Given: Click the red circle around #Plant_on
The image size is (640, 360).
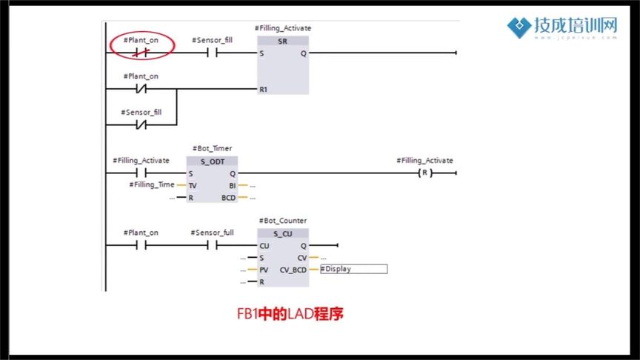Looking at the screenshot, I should [141, 46].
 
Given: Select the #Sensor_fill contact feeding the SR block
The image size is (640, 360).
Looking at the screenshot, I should [212, 53].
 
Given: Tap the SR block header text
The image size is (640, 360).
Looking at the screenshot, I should [282, 41].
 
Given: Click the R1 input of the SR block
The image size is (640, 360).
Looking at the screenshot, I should [263, 90].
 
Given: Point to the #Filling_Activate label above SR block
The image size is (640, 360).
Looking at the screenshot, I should [284, 28].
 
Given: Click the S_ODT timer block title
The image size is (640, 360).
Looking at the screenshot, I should [212, 161].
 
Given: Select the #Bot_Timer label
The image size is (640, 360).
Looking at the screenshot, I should [211, 149].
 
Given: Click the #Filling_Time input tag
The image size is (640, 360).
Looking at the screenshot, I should [152, 184].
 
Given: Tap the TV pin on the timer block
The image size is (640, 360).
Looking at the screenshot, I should [193, 185].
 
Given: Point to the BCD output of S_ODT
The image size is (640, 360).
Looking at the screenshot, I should [228, 198].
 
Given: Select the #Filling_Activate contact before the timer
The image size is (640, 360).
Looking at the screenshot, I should [141, 173].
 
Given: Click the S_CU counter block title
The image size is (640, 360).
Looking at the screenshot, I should [282, 233].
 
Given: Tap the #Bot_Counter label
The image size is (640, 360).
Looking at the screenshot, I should [282, 221].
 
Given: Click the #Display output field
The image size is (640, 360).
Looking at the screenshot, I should [353, 269].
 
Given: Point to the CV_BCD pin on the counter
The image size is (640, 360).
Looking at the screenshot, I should [293, 270].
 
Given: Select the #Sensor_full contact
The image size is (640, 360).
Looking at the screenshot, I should [212, 245].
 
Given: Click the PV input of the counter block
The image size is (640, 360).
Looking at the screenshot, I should [264, 270].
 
